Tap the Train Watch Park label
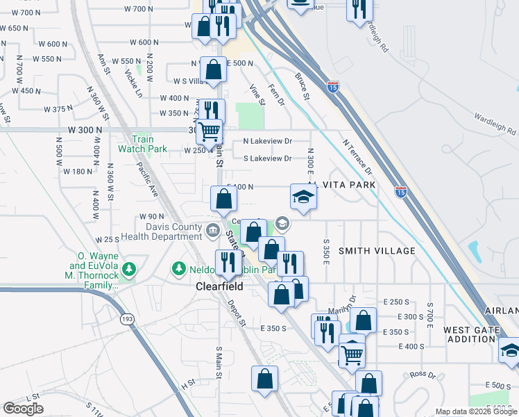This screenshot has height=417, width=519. (142, 144)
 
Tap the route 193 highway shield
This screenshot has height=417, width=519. (127, 318)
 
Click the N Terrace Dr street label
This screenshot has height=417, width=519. (357, 156)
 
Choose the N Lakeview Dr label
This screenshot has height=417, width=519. (267, 141)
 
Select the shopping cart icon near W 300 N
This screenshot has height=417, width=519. (208, 131)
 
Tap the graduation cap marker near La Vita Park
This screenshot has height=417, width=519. (303, 198)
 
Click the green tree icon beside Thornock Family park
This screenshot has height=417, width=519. (128, 268)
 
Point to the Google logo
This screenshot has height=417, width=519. (23, 409)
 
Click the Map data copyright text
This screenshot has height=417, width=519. (477, 412)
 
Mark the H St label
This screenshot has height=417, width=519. (187, 383)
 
